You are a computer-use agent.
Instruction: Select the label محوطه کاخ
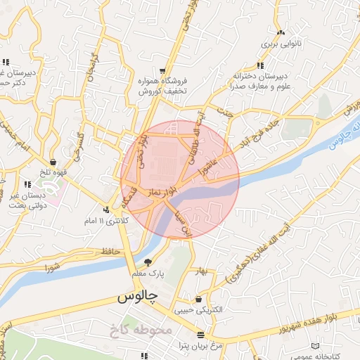(x=141, y=329)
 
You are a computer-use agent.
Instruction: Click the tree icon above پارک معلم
(x=148, y=261)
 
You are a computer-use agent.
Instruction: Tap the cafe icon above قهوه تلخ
(x=53, y=162)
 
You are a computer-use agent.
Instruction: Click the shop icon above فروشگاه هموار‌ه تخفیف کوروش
(x=163, y=71)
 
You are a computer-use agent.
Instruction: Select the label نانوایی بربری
(x=281, y=44)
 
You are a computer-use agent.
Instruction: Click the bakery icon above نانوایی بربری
(x=281, y=32)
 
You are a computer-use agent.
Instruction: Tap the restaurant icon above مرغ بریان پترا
(x=201, y=334)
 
